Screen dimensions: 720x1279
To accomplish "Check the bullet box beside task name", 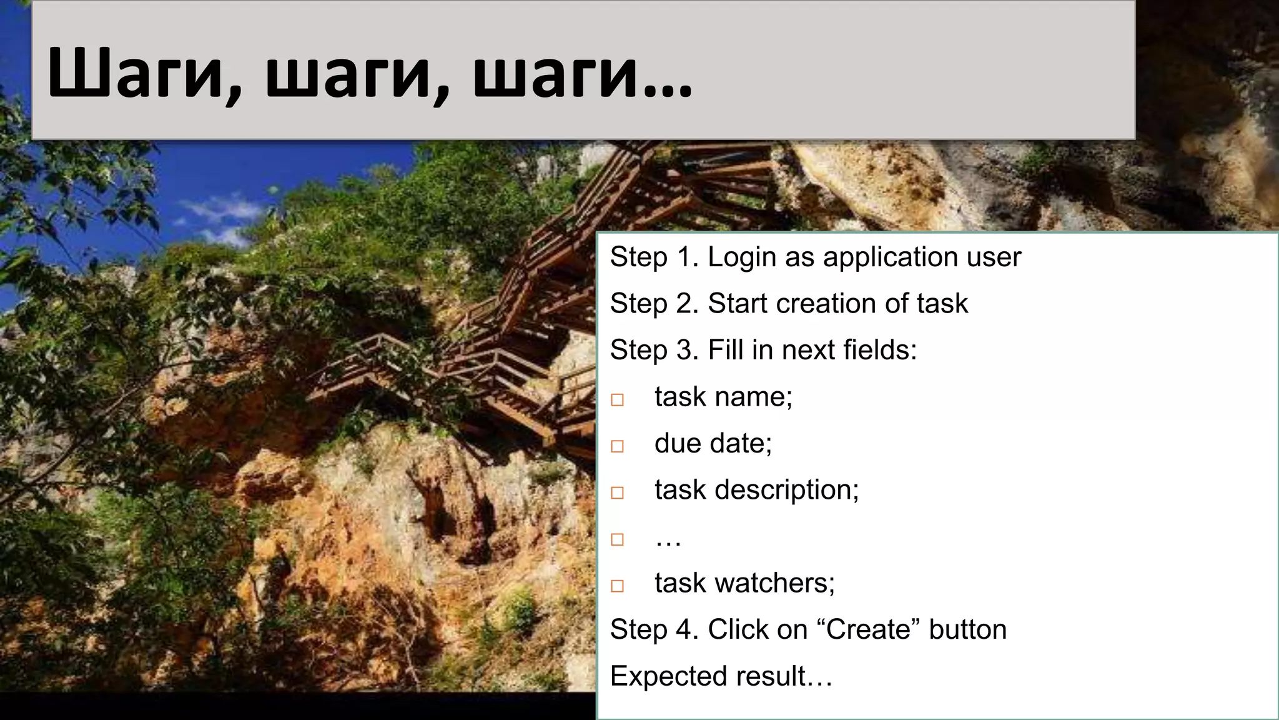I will point(617,399).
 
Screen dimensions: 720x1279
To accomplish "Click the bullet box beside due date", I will point(617,446).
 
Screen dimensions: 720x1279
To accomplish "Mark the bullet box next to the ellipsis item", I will point(617,539).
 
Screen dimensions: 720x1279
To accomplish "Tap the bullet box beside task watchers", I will point(617,586).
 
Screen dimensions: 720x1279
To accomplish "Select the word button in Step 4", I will point(967,629).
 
